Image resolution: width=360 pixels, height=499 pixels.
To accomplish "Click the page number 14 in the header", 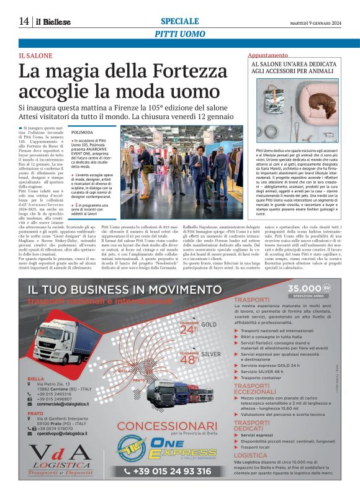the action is point(24,22).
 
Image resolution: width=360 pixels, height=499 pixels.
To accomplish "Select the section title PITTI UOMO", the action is point(180,34).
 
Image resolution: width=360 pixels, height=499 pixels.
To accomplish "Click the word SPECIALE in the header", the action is point(180,21).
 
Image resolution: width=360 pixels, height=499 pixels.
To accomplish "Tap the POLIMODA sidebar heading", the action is point(83,133).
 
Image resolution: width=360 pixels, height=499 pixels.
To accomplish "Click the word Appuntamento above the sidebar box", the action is point(268,56).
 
